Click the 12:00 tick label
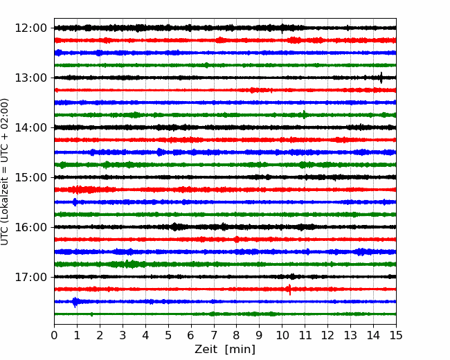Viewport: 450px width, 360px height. tap(30, 28)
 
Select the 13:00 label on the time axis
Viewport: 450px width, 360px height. tap(30, 78)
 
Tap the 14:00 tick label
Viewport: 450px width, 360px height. tap(30, 127)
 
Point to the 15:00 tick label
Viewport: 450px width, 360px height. tap(30, 177)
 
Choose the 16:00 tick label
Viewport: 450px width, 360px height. tap(30, 227)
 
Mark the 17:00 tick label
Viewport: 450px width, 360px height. tap(30, 277)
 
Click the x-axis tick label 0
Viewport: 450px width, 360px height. tap(54, 335)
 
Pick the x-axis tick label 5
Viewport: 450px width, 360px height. tap(168, 335)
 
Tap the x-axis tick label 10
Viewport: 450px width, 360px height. tap(282, 335)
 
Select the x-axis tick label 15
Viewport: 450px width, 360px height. tap(396, 335)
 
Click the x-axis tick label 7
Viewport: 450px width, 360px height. tap(214, 335)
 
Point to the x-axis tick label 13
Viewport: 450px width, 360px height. tap(350, 335)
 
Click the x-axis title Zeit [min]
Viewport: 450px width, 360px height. tap(225, 350)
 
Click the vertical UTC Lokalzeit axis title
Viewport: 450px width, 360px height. tap(5, 172)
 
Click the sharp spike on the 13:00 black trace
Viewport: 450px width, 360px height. tap(381, 78)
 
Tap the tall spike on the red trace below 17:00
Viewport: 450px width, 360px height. tap(289, 289)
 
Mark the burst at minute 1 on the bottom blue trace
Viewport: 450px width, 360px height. tap(75, 302)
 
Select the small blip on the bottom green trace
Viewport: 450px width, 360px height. tap(91, 314)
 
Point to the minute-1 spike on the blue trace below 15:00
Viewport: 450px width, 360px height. tap(75, 202)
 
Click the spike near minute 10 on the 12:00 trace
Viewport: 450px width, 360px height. tap(282, 28)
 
